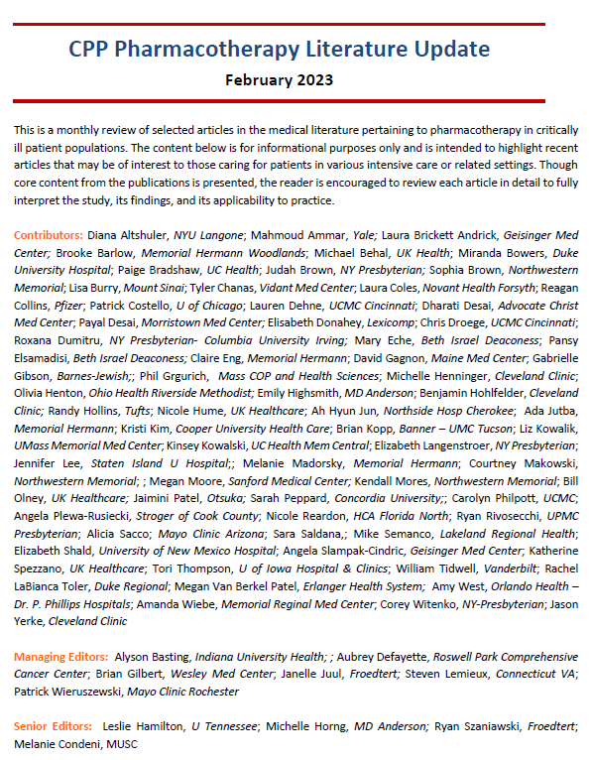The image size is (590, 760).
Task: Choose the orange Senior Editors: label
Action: (x=54, y=726)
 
